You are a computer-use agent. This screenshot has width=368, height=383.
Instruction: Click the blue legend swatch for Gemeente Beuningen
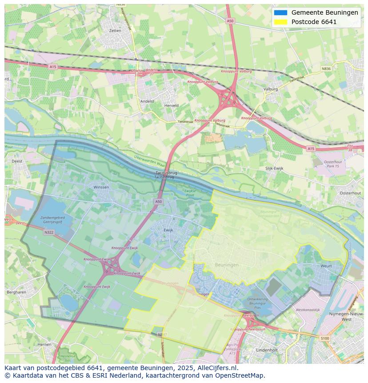280,12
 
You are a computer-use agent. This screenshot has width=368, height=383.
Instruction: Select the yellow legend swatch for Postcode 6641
280,22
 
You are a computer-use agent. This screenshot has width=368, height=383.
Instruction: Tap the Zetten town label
115,31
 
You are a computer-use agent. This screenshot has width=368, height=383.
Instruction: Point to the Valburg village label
270,89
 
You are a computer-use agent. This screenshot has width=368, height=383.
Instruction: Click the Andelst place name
147,101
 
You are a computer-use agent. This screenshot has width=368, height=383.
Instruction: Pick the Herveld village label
171,105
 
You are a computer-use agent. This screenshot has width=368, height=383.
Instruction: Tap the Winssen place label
101,187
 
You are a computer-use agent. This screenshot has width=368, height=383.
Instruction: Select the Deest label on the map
17,161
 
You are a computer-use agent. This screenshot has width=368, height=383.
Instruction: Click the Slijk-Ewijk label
274,168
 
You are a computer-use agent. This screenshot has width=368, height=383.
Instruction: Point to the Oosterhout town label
350,193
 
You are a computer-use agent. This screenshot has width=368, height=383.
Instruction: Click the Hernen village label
44,344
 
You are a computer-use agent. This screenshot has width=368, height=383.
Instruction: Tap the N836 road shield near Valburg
326,69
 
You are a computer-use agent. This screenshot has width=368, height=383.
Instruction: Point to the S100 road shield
325,339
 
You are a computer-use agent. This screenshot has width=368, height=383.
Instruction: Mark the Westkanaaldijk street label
308,310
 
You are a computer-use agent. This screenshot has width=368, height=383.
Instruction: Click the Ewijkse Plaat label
190,193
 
